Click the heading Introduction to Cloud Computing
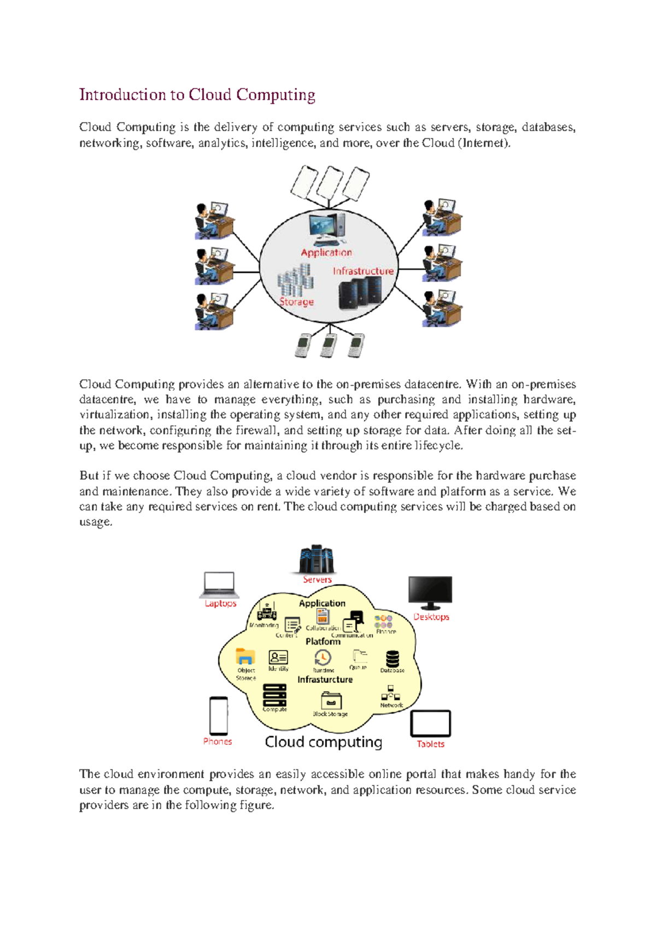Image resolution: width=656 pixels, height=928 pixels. (197, 95)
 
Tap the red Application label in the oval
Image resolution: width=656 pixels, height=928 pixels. (326, 252)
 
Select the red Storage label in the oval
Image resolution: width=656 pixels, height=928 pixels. (296, 301)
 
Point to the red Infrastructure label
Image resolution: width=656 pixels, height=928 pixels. (363, 271)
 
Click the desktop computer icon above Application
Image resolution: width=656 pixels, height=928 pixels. (327, 228)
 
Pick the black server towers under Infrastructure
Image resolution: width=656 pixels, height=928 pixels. (359, 293)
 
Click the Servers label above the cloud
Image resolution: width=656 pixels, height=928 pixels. (317, 579)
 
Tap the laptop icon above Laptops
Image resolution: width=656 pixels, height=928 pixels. (219, 584)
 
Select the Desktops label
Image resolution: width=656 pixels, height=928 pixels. (431, 617)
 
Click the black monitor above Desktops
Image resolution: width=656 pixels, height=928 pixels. (430, 592)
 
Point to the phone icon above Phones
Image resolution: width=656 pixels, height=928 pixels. (219, 716)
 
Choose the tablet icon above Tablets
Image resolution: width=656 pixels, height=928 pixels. (430, 723)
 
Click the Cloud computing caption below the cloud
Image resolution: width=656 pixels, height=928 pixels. (323, 742)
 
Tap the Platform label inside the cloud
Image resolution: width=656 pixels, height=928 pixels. (323, 641)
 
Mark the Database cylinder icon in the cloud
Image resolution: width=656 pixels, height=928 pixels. (392, 658)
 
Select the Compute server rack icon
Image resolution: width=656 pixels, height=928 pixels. (274, 695)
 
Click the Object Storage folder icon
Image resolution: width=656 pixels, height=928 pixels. (245, 656)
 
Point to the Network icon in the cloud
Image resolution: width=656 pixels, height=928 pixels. (391, 694)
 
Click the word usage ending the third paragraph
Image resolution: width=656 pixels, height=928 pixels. (96, 522)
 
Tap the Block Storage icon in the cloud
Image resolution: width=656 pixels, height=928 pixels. (331, 700)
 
